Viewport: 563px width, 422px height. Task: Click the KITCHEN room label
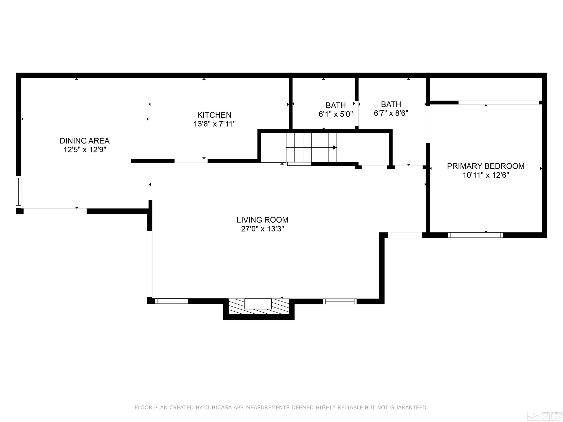[x=214, y=115]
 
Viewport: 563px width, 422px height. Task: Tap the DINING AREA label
[x=84, y=141]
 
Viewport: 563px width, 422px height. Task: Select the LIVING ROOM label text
[x=262, y=220]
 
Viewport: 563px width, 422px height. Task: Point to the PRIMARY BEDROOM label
[x=486, y=166]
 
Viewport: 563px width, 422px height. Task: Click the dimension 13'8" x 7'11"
[x=214, y=124]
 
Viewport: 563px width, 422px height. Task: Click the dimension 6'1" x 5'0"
[x=336, y=114]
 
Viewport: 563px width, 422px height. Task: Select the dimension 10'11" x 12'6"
[x=486, y=175]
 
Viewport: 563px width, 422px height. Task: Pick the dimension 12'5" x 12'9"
[x=84, y=149]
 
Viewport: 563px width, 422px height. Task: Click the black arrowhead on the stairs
[x=335, y=148]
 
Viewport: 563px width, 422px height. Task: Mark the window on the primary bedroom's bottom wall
[x=475, y=235]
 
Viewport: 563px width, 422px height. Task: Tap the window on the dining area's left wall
[x=18, y=192]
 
